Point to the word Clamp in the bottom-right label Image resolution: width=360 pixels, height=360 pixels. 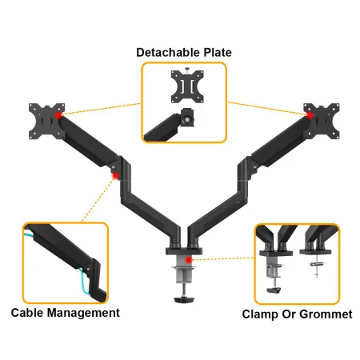tap(261, 314)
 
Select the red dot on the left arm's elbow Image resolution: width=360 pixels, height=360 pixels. tap(117, 175)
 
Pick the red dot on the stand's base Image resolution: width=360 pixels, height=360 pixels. tap(187, 259)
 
